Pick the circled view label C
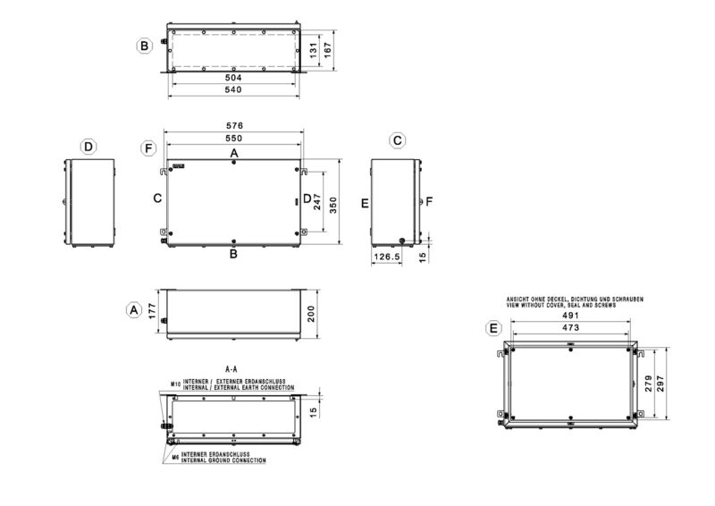(x=398, y=141)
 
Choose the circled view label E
(x=492, y=328)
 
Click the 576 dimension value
(x=235, y=126)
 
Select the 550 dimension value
(x=235, y=139)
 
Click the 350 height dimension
(x=332, y=204)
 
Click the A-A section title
(x=231, y=368)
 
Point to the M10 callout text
(x=175, y=384)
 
